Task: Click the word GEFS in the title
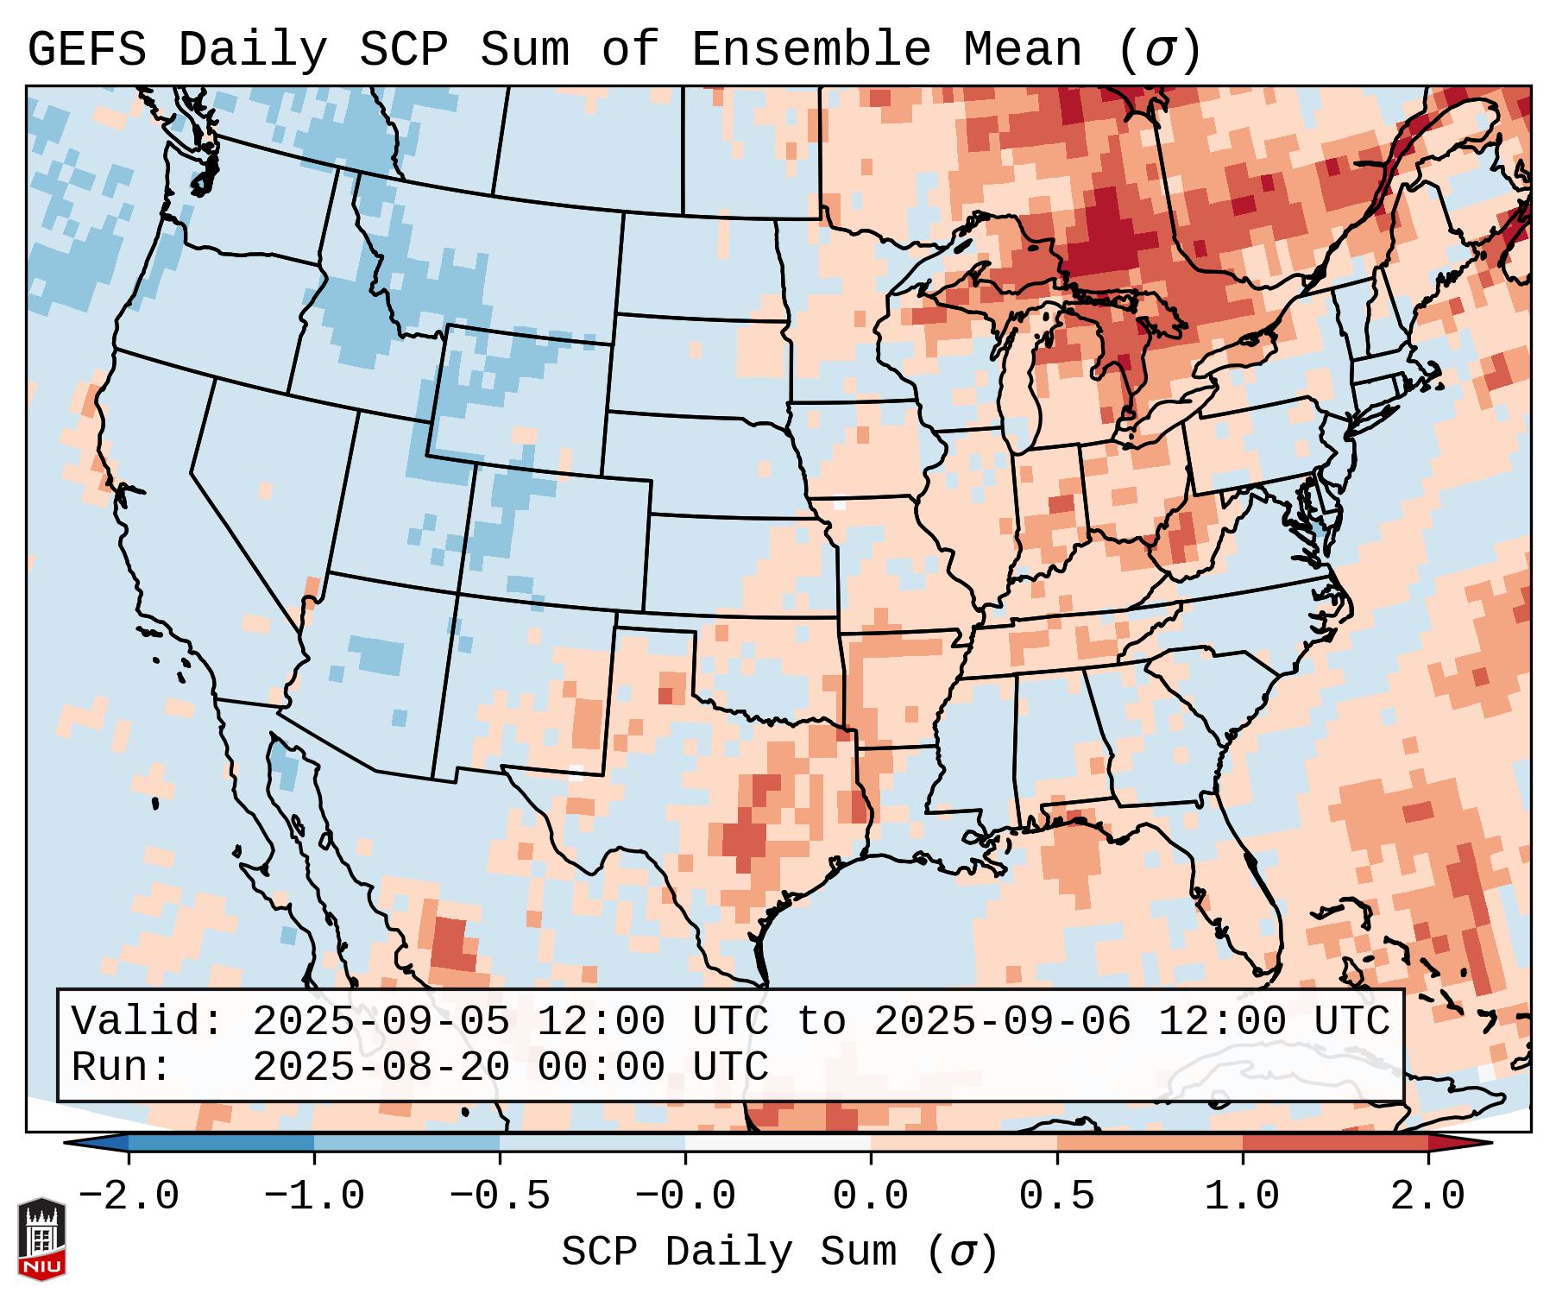tap(86, 49)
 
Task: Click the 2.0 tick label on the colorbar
tap(1427, 1196)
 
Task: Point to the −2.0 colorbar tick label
tap(129, 1196)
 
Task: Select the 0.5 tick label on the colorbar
tap(1056, 1196)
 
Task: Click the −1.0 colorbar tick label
tap(314, 1196)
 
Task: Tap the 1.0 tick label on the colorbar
tap(1242, 1196)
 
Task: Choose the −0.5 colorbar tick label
tap(500, 1196)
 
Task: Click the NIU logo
tap(41, 1239)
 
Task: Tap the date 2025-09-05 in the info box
tap(381, 1021)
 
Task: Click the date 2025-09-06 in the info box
tap(1002, 1021)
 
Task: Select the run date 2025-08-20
tap(381, 1067)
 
